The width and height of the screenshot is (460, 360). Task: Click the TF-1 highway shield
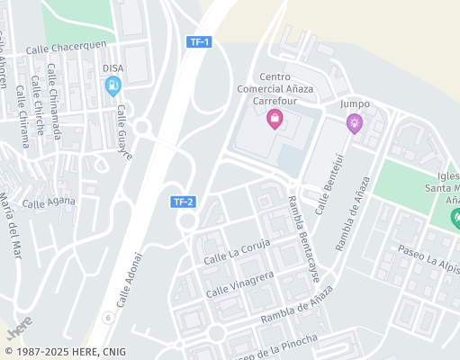[199, 42]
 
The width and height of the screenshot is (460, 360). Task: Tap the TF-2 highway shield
[185, 202]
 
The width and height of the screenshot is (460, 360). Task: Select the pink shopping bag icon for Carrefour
[275, 120]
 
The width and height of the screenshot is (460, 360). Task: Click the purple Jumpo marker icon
[355, 124]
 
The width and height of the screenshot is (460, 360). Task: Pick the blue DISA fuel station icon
[113, 86]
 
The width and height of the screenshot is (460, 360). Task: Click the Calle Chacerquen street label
[67, 48]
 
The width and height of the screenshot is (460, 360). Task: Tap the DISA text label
[113, 67]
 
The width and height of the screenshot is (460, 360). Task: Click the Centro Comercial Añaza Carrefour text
[275, 90]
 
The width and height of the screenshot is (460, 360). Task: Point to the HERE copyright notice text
[66, 352]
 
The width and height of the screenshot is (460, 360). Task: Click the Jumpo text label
[355, 103]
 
